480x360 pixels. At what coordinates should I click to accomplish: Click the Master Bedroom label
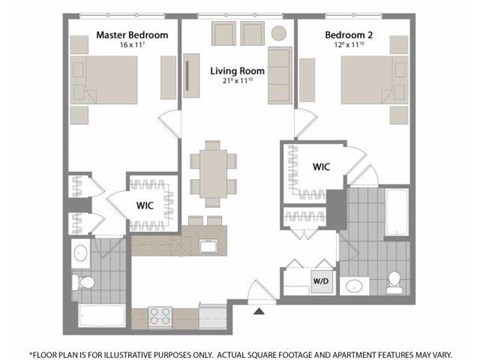coord(131,35)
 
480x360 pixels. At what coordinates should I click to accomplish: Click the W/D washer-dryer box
coord(322,281)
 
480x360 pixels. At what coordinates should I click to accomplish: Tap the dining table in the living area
coord(209,173)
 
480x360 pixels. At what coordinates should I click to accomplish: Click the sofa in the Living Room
coord(281,75)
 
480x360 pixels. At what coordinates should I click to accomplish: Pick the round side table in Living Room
coord(277,34)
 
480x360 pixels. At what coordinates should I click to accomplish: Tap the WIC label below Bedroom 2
coord(322,166)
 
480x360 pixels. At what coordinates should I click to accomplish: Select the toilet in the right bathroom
coord(395,279)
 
